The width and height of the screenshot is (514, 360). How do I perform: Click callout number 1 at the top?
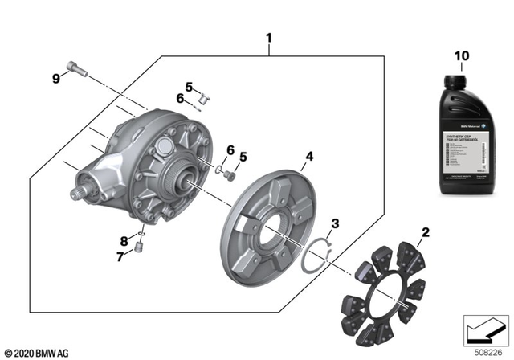coord(269,38)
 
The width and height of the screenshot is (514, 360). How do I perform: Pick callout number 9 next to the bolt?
coord(56,78)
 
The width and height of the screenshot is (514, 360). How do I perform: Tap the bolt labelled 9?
coord(76,70)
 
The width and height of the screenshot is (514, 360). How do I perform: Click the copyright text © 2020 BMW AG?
coord(37,353)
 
